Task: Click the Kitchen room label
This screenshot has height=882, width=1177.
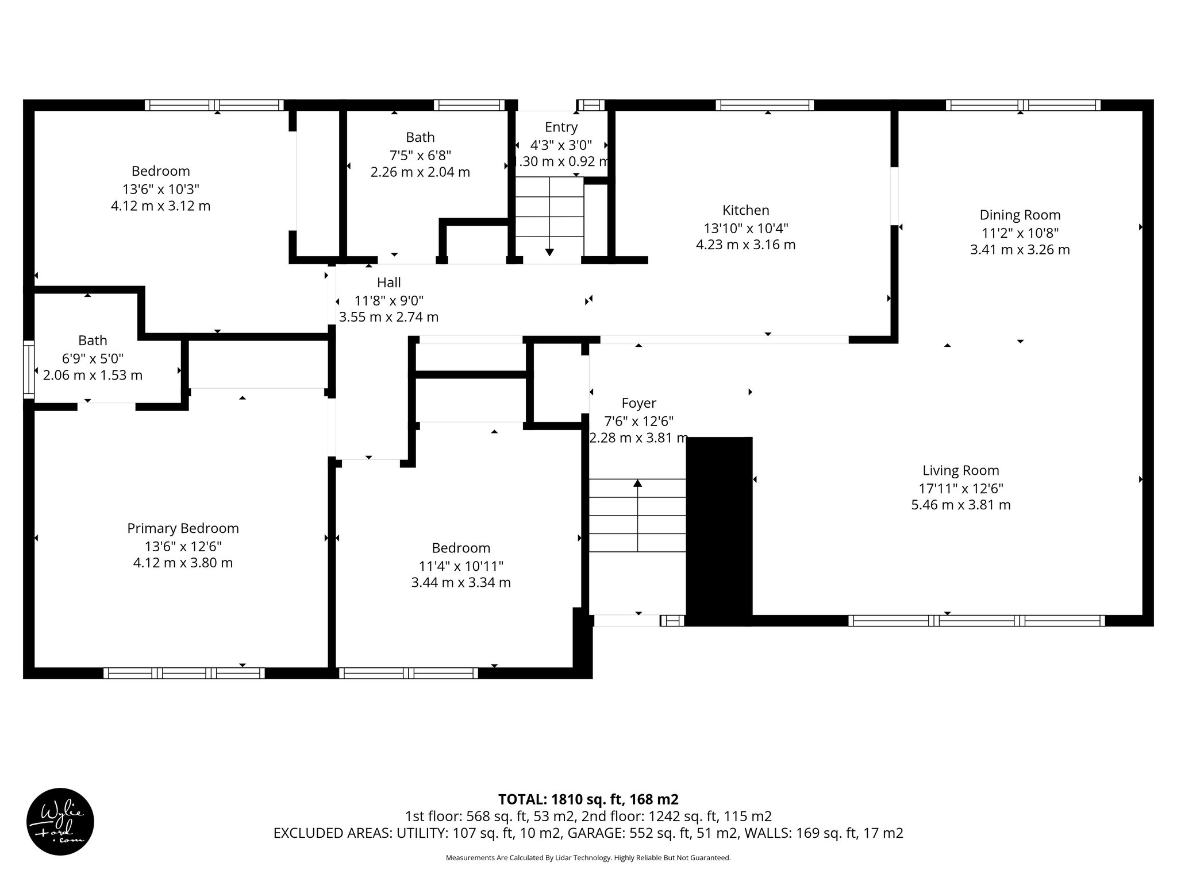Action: pyautogui.click(x=745, y=210)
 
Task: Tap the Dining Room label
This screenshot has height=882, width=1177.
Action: pyautogui.click(x=1020, y=215)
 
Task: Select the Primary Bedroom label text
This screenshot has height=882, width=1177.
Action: pyautogui.click(x=183, y=528)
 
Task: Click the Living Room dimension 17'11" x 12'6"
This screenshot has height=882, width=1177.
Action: pyautogui.click(x=960, y=488)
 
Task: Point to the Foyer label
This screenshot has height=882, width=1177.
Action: pyautogui.click(x=638, y=403)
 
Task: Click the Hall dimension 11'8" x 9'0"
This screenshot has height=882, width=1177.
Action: pyautogui.click(x=389, y=300)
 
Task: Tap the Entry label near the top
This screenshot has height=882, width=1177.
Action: pyautogui.click(x=561, y=127)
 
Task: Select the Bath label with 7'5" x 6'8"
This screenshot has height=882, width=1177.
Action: pyautogui.click(x=420, y=137)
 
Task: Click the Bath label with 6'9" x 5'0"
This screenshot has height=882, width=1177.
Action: pyautogui.click(x=93, y=341)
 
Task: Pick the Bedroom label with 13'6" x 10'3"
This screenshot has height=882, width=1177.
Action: pyautogui.click(x=160, y=171)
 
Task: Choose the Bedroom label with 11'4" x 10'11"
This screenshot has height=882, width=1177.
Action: pyautogui.click(x=461, y=548)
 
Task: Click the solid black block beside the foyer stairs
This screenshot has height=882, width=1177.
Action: pyautogui.click(x=719, y=531)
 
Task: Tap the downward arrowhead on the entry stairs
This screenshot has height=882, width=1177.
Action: pyautogui.click(x=549, y=252)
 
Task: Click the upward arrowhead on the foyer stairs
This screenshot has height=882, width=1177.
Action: pyautogui.click(x=637, y=483)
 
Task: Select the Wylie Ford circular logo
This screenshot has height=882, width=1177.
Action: pyautogui.click(x=60, y=821)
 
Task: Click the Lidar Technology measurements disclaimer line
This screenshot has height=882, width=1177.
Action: pyautogui.click(x=588, y=858)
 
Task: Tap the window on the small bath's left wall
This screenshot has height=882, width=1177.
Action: pyautogui.click(x=28, y=369)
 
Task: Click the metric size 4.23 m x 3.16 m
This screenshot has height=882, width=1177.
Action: pyautogui.click(x=745, y=245)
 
